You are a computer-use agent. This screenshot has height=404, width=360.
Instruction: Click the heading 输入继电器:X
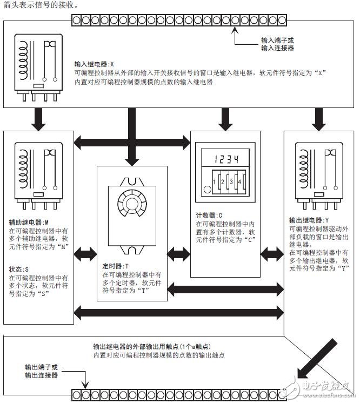tap(95, 63)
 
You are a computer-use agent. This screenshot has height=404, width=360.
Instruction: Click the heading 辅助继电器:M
tap(29, 222)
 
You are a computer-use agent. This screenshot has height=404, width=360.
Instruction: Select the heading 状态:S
tap(19, 268)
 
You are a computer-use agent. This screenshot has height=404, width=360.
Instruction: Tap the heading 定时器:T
tap(116, 266)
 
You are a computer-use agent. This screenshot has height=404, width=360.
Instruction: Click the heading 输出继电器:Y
tap(308, 220)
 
